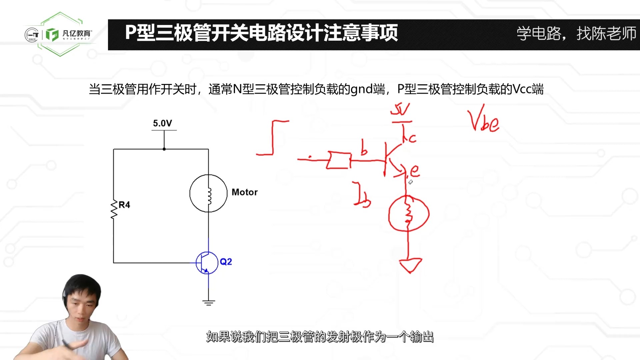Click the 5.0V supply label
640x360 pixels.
[x=162, y=123]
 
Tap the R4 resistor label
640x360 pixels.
[x=124, y=205]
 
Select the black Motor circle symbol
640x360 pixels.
[x=208, y=193]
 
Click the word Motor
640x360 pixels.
[x=244, y=192]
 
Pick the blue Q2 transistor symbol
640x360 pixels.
[x=207, y=263]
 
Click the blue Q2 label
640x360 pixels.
[x=226, y=262]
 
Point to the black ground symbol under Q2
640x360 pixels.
[x=208, y=303]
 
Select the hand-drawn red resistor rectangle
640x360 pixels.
[x=339, y=160]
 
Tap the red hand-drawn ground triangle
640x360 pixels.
[x=411, y=265]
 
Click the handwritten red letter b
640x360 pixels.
[x=364, y=148]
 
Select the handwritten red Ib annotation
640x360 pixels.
[x=362, y=195]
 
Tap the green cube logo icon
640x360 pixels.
[x=52, y=34]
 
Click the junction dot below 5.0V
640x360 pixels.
[x=164, y=149]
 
